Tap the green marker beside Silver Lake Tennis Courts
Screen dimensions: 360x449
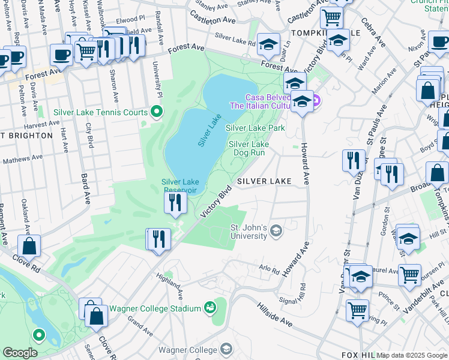click(157, 111)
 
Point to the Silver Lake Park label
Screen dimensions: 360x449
click(255, 128)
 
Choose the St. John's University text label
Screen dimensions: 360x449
click(249, 232)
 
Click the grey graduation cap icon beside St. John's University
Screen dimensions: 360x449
click(276, 230)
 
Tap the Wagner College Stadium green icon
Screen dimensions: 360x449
click(210, 308)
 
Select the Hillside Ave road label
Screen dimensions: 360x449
click(274, 318)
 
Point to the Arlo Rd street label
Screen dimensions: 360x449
click(269, 269)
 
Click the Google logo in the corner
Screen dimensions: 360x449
click(20, 353)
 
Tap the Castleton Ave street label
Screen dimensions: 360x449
click(212, 20)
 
